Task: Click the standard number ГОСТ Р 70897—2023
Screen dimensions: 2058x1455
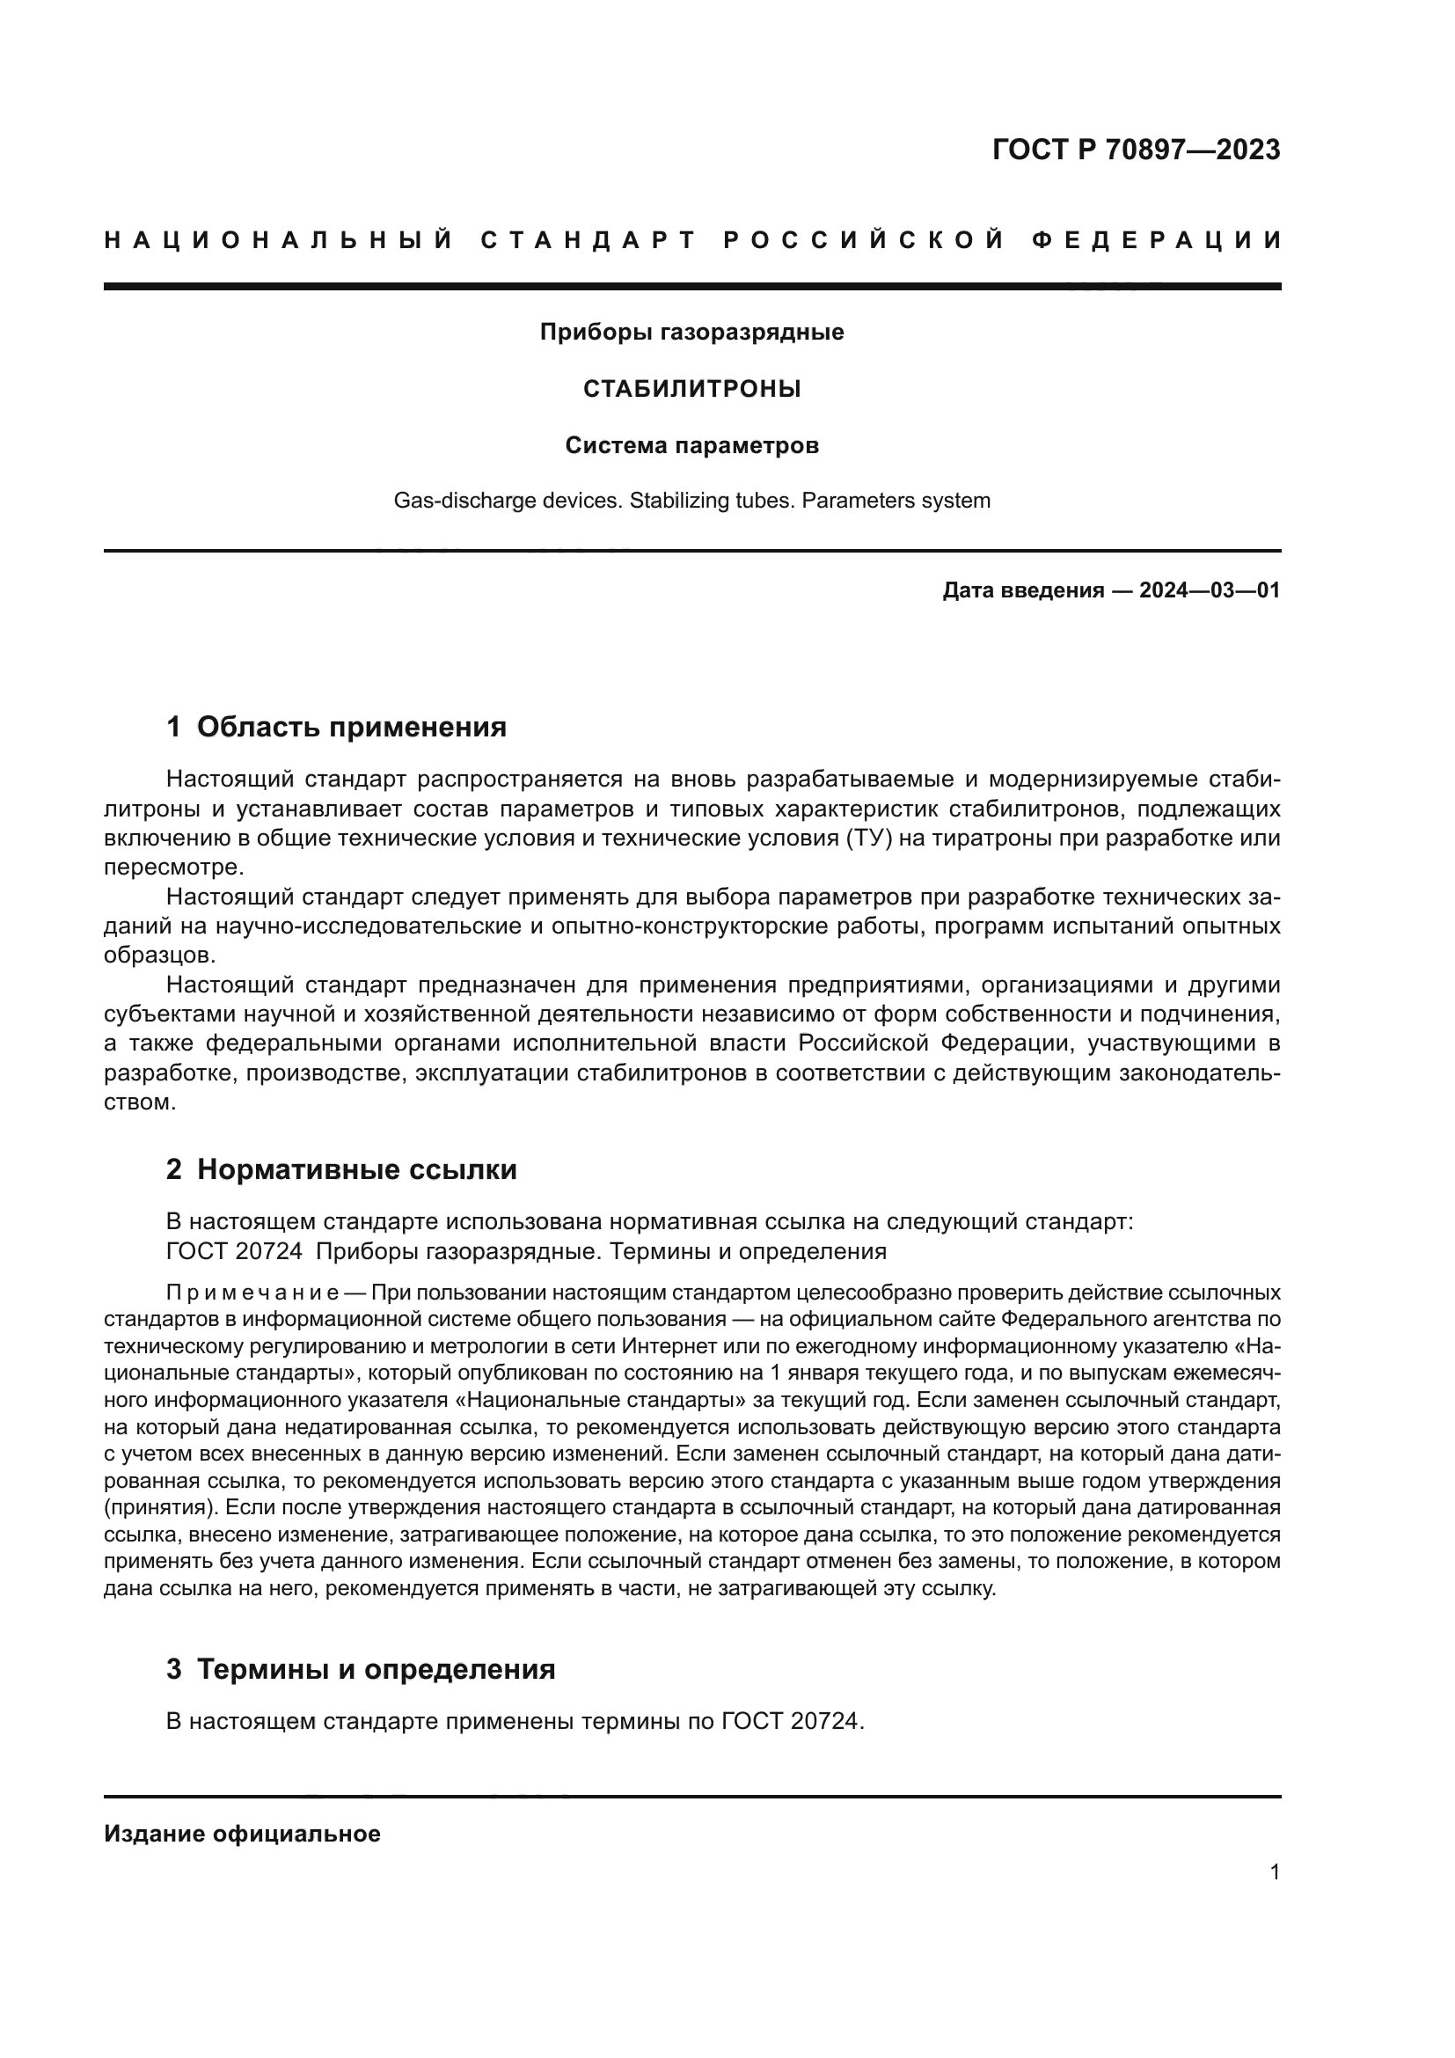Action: pyautogui.click(x=1136, y=150)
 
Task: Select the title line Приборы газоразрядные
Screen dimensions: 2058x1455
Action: pyautogui.click(x=691, y=333)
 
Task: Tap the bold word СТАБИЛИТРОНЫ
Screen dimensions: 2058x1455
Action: pyautogui.click(x=691, y=389)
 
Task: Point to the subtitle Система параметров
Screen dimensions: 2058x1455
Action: pyautogui.click(x=691, y=445)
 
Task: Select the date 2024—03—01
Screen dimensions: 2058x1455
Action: pyautogui.click(x=1210, y=590)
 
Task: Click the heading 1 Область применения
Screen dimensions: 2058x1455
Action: pyautogui.click(x=337, y=727)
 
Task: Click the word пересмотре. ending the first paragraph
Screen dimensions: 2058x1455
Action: pyautogui.click(x=174, y=868)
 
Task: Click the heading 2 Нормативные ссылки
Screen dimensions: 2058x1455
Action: pyautogui.click(x=341, y=1169)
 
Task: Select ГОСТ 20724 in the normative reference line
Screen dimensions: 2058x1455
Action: pyautogui.click(x=235, y=1251)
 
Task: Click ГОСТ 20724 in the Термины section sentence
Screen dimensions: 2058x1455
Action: pyautogui.click(x=792, y=1722)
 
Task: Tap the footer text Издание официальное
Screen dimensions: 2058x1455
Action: pyautogui.click(x=242, y=1834)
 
